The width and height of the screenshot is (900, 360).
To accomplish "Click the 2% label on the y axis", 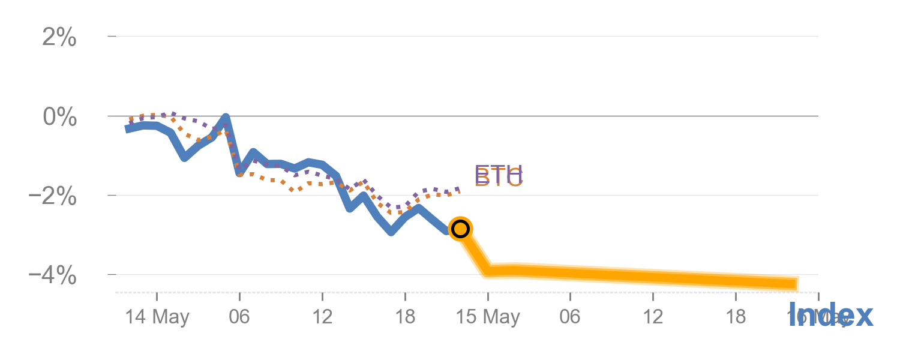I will click(59, 38).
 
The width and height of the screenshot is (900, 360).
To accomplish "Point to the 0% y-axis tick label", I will click(59, 117).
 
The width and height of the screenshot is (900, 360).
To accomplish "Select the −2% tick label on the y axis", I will click(53, 196).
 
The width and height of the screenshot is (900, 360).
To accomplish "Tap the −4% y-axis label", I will click(53, 276).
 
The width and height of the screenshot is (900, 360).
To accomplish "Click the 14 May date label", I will click(157, 317).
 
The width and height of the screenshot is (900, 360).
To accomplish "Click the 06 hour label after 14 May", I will click(239, 317).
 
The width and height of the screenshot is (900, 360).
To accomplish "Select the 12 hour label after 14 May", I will click(322, 317).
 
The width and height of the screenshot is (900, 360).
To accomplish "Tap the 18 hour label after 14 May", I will click(405, 317).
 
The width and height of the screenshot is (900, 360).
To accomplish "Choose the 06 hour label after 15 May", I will click(570, 317).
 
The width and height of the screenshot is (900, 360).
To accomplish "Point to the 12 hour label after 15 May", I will click(653, 317).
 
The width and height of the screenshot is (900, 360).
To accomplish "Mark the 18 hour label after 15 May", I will click(736, 317).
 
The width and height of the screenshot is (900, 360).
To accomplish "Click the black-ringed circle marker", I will click(460, 229).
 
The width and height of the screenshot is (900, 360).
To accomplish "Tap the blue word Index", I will click(830, 315).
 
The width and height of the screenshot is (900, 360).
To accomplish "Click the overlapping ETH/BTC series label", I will click(499, 176).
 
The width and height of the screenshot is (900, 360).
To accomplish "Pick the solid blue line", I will click(282, 163).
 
